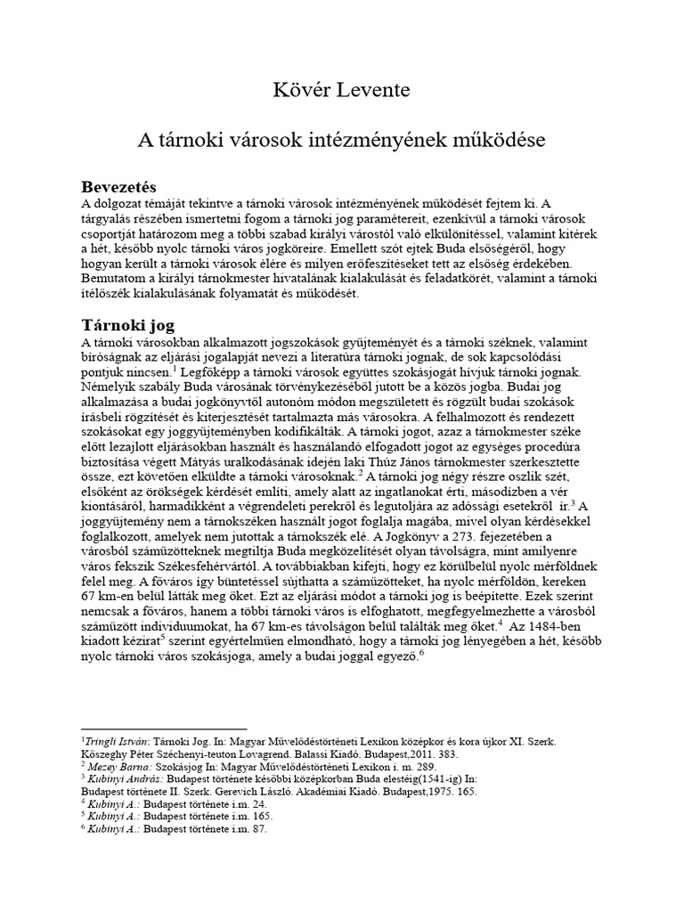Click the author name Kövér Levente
pos(341,92)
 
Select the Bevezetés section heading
pos(118,188)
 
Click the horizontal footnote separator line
pos(164,729)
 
